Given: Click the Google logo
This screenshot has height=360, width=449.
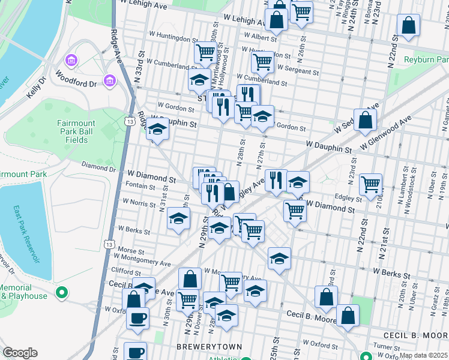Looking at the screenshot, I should click(20, 353).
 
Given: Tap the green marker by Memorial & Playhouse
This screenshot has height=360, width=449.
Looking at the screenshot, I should click(61, 293).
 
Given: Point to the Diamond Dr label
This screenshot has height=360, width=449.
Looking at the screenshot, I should click(97, 167).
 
